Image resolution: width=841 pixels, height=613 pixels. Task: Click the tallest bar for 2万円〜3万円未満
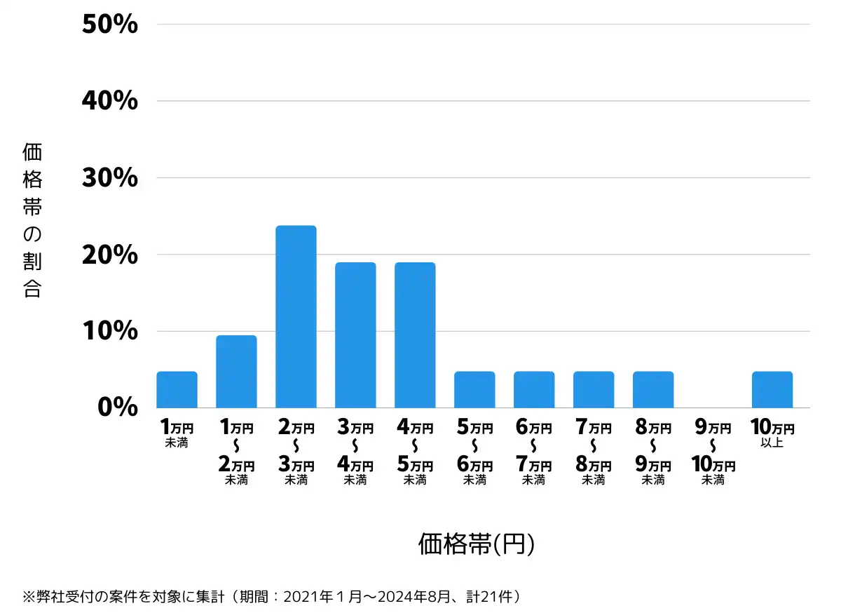point(296,316)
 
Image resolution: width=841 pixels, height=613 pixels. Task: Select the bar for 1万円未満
point(177,389)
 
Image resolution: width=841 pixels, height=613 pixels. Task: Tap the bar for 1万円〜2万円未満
point(236,371)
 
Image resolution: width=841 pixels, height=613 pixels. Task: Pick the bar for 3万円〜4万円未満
point(355,335)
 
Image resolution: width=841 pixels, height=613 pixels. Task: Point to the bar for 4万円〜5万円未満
point(415,335)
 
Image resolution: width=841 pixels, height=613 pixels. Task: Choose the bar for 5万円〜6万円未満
point(474,389)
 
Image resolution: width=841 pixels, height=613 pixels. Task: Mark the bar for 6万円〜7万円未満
point(534,389)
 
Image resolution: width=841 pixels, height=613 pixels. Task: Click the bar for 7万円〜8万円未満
point(594,389)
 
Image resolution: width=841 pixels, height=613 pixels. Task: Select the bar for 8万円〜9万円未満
point(653,389)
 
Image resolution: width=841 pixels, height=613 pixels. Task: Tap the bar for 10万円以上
point(772,389)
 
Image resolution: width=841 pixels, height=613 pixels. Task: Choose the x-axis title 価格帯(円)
point(477,544)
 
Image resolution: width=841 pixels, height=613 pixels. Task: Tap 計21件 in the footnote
point(491,597)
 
